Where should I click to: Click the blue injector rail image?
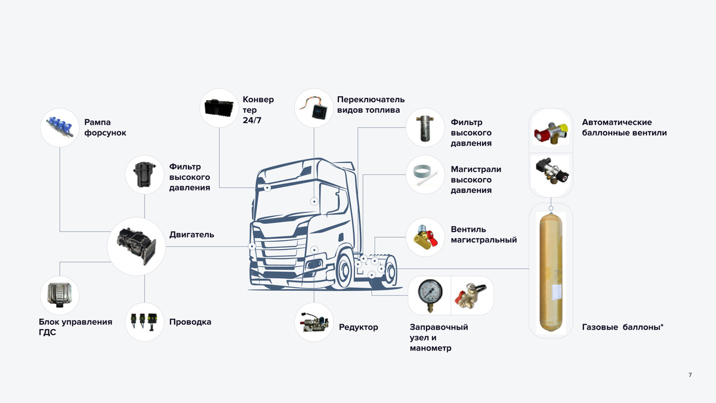(60, 127)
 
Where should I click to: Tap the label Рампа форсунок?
(106, 127)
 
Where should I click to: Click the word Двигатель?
(192, 235)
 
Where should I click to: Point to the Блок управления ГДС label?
(75, 327)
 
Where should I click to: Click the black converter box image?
(220, 107)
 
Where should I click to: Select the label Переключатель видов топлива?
(371, 104)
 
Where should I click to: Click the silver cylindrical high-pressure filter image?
(426, 127)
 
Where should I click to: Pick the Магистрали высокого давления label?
(476, 180)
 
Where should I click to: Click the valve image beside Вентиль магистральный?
(426, 237)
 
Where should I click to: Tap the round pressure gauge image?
(428, 294)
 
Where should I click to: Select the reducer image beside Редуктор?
(314, 322)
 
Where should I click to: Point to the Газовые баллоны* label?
(623, 327)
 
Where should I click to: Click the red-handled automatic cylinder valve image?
(551, 131)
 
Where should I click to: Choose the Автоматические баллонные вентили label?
(624, 127)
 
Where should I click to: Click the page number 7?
(690, 375)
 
